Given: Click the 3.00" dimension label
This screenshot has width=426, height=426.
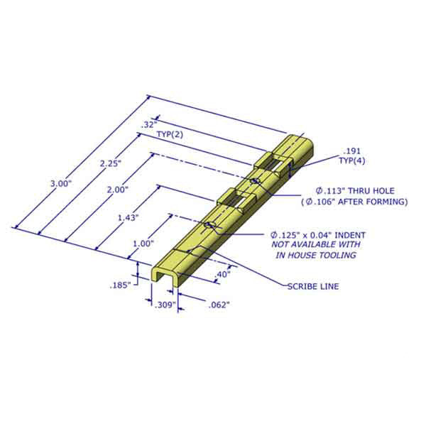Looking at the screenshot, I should pyautogui.click(x=61, y=183).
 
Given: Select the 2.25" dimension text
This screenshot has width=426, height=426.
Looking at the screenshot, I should pyautogui.click(x=111, y=163).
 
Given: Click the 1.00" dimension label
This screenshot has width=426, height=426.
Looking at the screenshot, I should pyautogui.click(x=143, y=243).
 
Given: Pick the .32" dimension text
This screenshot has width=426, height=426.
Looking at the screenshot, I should pyautogui.click(x=148, y=124).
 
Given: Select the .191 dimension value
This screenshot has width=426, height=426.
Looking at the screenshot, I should pyautogui.click(x=351, y=152).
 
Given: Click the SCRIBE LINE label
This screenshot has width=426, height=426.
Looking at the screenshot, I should pyautogui.click(x=313, y=286).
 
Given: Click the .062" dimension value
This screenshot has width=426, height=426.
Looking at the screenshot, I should pyautogui.click(x=219, y=305).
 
